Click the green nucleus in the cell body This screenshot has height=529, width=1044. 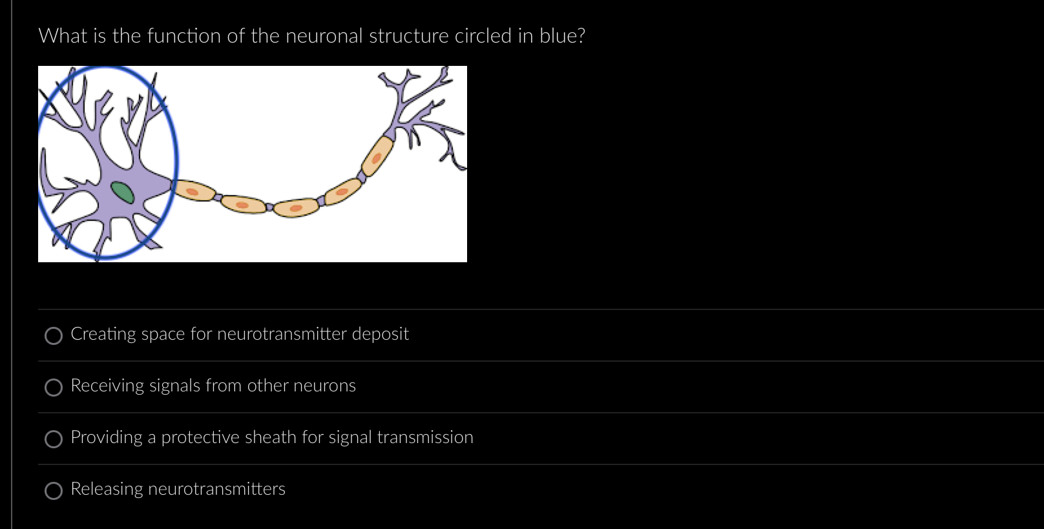coord(122,192)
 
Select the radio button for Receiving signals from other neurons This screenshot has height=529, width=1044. coord(54,387)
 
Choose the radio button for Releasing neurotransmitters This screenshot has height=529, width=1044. coord(54,491)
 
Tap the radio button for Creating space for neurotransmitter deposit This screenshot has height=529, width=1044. coord(54,335)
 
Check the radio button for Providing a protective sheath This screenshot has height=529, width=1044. coord(54,439)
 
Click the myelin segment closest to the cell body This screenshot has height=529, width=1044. coord(194,191)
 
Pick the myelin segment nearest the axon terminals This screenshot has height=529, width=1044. coord(377,156)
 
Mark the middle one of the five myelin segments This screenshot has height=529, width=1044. coord(296,208)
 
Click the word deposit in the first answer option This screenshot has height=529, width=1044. coord(380,334)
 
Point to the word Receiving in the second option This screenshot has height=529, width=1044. coord(107,386)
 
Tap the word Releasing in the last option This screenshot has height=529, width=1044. coord(107,489)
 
